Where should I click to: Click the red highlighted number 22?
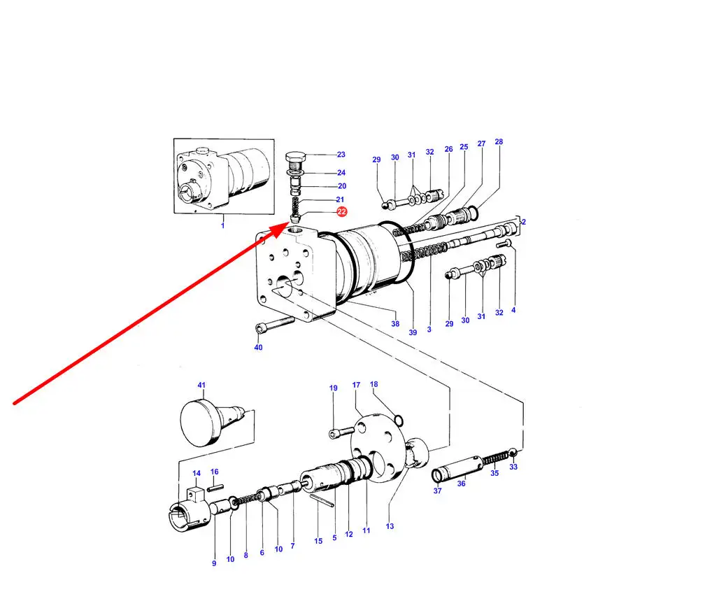pos(342,211)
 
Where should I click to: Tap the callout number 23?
pos(341,154)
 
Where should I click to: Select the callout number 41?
pos(201,385)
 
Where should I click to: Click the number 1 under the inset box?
pos(222,225)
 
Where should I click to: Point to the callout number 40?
pos(258,347)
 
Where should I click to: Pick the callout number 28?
pos(499,141)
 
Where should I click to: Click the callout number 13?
pos(390,526)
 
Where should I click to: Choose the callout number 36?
pos(462,484)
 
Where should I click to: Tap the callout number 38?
pos(394,323)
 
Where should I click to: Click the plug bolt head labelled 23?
pos(295,158)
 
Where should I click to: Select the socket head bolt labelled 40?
pos(275,325)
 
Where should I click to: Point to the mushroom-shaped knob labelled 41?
pos(211,423)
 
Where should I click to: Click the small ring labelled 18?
pos(399,420)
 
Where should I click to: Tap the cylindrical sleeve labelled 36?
pos(462,467)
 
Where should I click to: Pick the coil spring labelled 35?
pos(495,458)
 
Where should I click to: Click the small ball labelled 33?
pos(513,453)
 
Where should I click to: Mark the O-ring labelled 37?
pos(438,475)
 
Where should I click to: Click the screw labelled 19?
pos(341,433)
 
